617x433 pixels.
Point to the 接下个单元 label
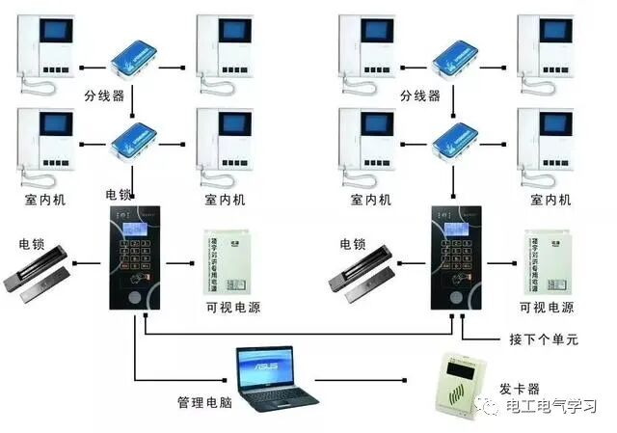542,340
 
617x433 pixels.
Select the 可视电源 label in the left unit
232,308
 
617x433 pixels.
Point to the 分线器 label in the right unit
420,96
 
